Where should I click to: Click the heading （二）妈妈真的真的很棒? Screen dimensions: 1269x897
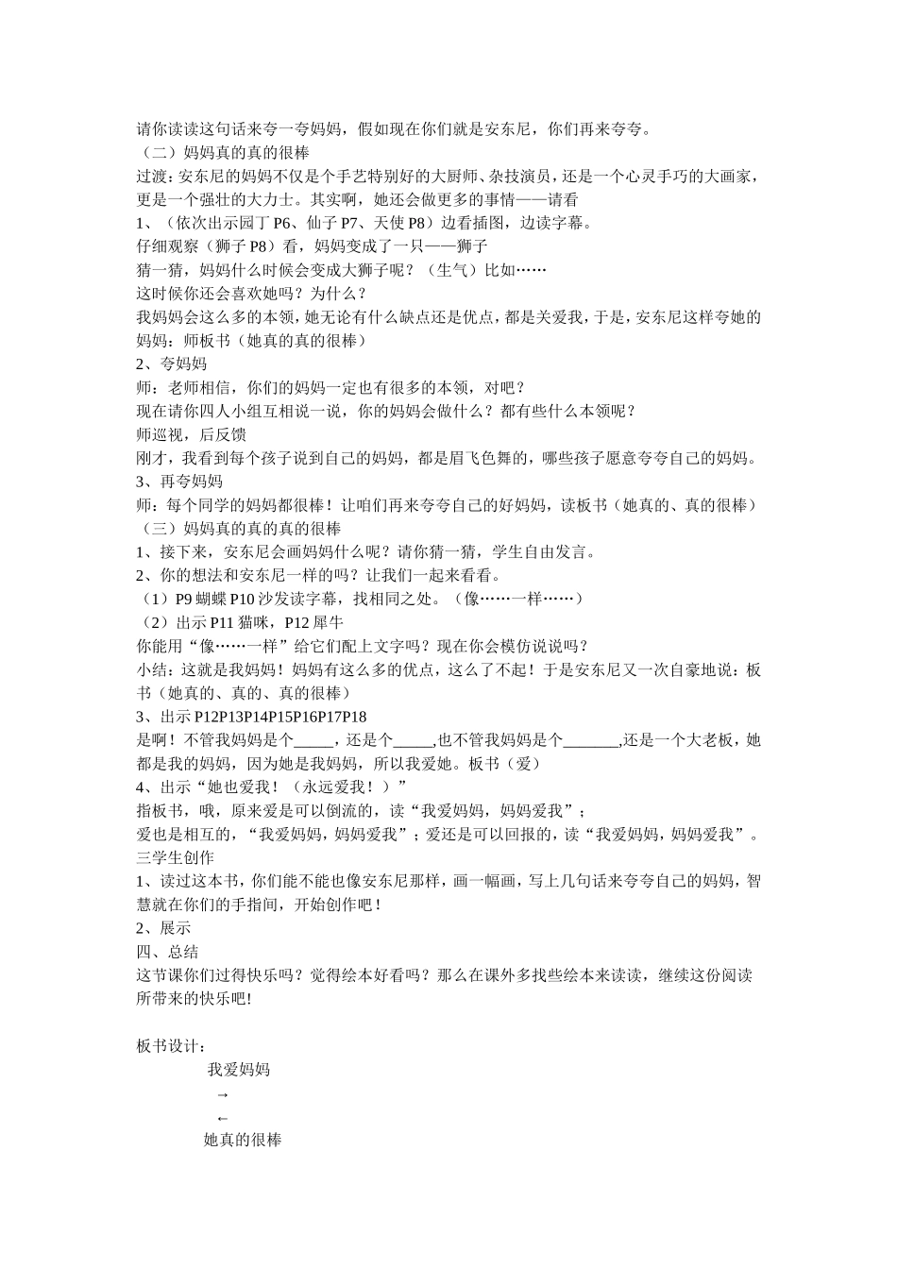(x=223, y=152)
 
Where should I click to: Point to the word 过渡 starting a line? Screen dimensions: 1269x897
(x=150, y=176)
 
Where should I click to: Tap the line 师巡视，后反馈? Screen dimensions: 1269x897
(x=191, y=434)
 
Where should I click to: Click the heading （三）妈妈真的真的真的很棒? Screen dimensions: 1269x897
(x=239, y=529)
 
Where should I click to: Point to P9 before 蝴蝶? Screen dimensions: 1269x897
(x=185, y=599)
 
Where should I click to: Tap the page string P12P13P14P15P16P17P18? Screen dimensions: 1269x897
(x=280, y=717)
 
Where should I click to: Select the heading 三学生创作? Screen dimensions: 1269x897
(x=175, y=857)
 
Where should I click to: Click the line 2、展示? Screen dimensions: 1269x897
(x=163, y=928)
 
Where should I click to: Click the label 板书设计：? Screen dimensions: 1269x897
(x=171, y=1046)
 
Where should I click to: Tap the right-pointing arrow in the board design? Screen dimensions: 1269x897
(x=223, y=1094)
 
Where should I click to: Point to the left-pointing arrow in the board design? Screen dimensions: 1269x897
(x=223, y=1117)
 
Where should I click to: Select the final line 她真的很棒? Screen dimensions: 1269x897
(x=243, y=1140)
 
